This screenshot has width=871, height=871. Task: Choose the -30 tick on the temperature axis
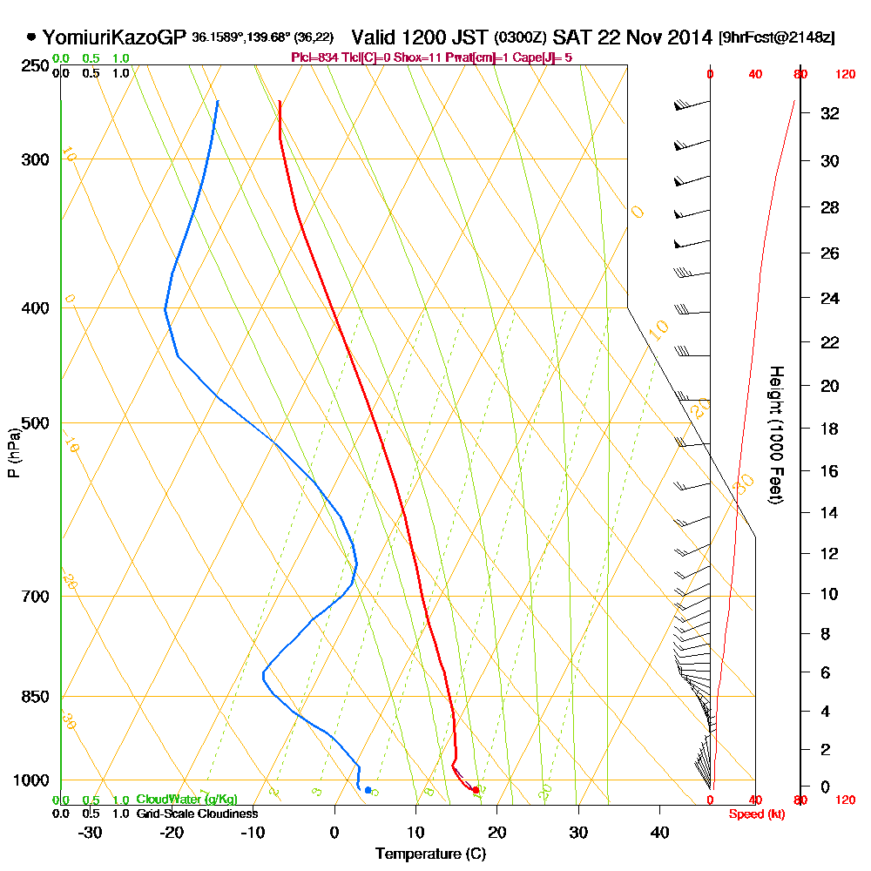[x=91, y=832]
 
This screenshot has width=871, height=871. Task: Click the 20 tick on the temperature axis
[x=497, y=832]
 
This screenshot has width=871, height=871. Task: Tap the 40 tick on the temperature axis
[x=659, y=832]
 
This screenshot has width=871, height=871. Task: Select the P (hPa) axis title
[x=13, y=452]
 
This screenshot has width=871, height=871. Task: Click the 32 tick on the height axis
[x=830, y=113]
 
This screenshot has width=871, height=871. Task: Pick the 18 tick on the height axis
[x=830, y=429]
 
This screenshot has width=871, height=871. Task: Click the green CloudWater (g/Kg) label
[x=186, y=800]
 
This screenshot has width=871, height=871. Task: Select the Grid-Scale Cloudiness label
[x=197, y=814]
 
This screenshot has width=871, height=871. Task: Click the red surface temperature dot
[x=476, y=790]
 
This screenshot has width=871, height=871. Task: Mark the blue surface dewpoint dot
[x=368, y=790]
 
